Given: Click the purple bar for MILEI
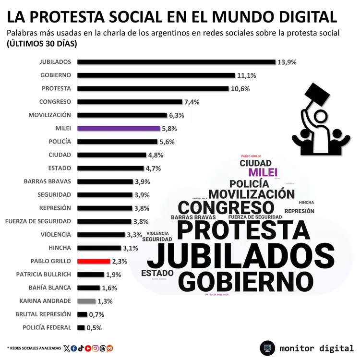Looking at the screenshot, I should (118, 129).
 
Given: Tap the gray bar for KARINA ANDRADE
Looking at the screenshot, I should (86, 301).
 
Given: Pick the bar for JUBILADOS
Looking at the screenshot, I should (176, 62).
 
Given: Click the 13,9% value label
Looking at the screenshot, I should (287, 62).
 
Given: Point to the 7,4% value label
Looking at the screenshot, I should (192, 102).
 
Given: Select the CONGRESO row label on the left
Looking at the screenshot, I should (55, 102).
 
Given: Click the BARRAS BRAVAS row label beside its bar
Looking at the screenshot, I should (47, 181).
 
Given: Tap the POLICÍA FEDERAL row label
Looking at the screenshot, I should (47, 327).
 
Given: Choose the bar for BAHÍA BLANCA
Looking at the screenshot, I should (88, 288).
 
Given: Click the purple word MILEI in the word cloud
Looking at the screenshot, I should (263, 173).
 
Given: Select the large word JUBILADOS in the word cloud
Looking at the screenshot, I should (240, 255).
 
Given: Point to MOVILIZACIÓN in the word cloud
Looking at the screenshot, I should (252, 194).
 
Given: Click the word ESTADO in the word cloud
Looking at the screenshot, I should (157, 273).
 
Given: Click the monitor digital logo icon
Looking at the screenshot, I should (267, 348).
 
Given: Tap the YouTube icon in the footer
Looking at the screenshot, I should (88, 348).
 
